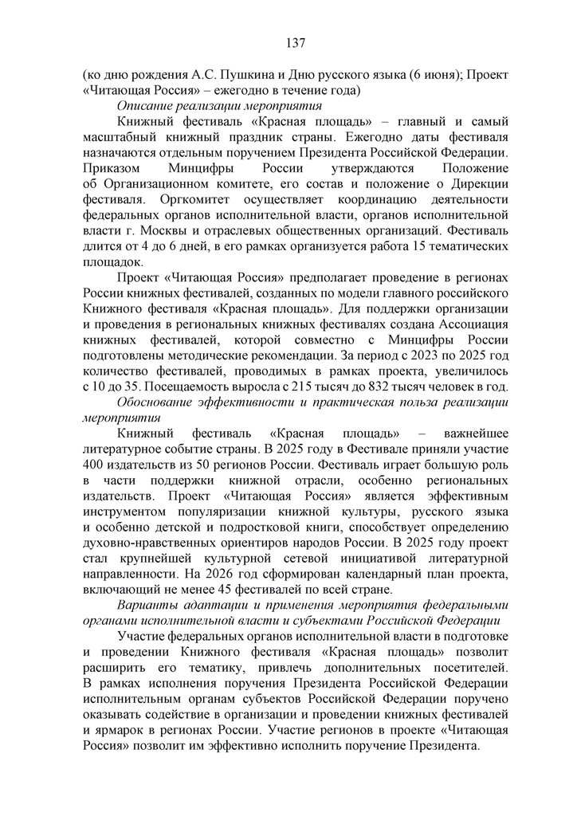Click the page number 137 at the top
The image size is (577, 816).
pyautogui.click(x=288, y=42)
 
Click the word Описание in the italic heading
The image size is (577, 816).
pyautogui.click(x=142, y=105)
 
